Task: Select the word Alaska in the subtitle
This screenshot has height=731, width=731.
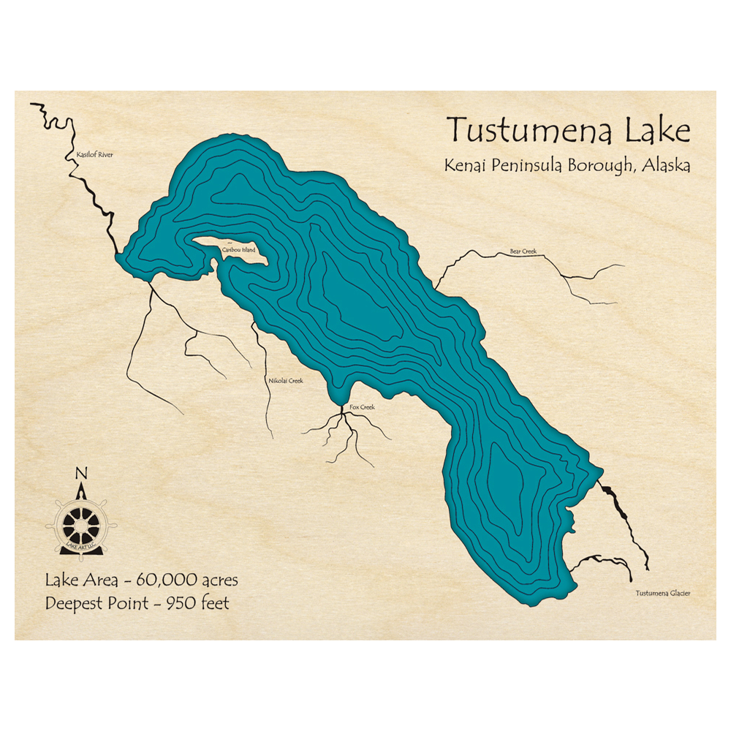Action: coord(667,166)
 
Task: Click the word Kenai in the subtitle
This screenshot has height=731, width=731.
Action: coord(465,166)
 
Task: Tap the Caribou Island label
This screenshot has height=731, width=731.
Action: coord(239,250)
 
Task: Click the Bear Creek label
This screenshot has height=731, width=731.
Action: coord(523,251)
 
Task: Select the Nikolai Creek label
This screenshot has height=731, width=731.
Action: coord(286,380)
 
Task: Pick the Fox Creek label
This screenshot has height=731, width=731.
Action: coord(362,406)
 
